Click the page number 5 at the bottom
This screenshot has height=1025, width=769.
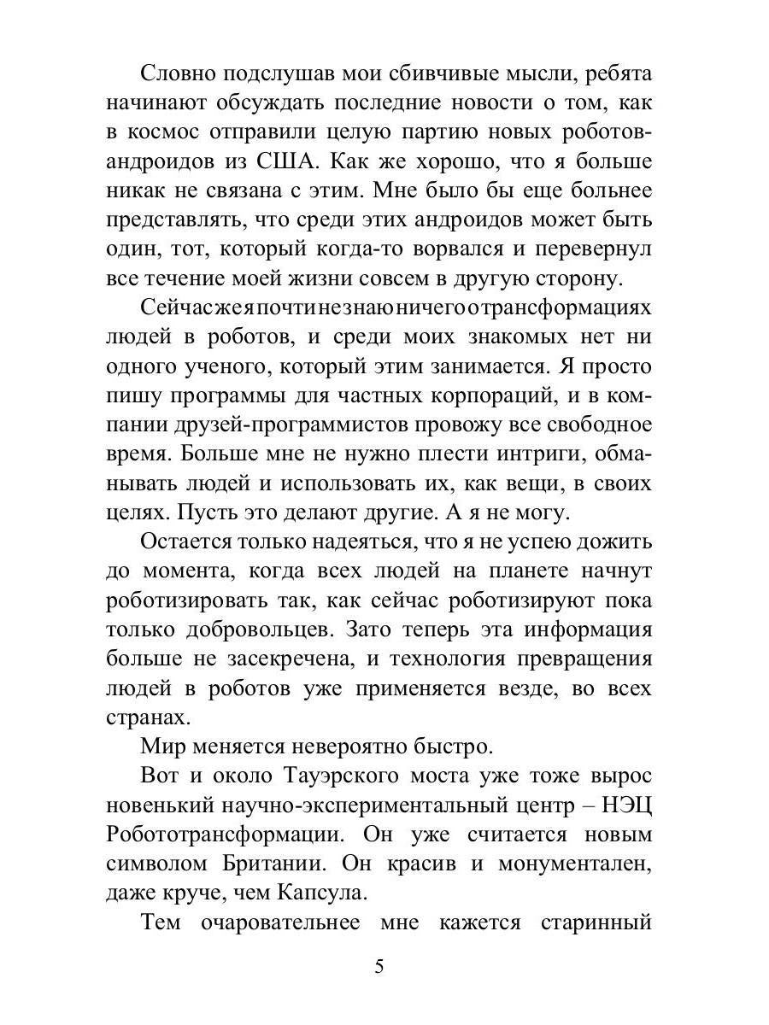point(380,967)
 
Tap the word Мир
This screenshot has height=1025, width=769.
point(162,746)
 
